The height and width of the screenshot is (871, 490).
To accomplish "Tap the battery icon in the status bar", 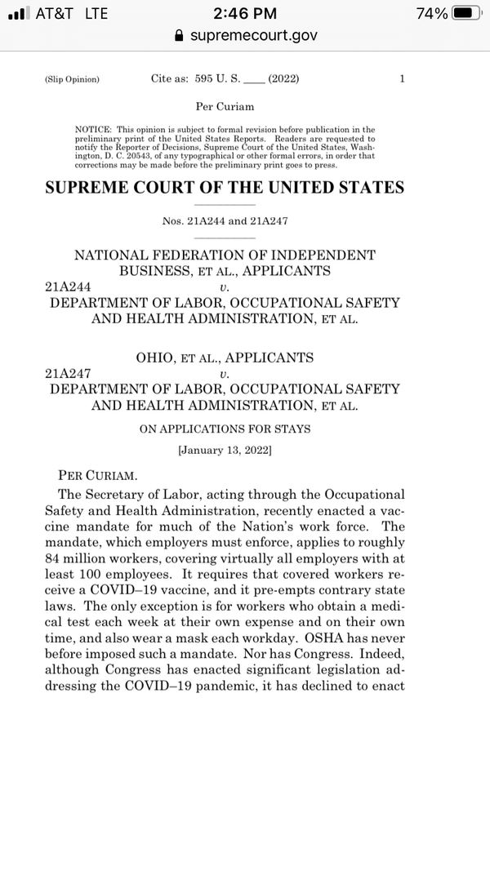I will click(x=465, y=14).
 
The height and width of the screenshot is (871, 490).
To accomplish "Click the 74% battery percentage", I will click(x=430, y=14).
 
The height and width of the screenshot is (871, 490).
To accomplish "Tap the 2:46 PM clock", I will click(x=244, y=14).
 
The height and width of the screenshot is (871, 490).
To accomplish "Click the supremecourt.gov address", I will click(x=253, y=35).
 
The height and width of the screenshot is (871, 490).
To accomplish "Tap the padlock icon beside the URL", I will click(x=180, y=35).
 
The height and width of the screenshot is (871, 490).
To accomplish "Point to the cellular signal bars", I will click(x=18, y=14).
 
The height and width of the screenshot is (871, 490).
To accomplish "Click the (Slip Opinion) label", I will click(x=72, y=80).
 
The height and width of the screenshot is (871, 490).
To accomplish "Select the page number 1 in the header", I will click(x=402, y=79).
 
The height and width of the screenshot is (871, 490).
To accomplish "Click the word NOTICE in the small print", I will click(x=92, y=130).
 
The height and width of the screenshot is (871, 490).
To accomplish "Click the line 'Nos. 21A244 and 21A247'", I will click(x=225, y=221).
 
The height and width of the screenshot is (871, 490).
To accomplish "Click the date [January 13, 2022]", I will click(x=225, y=450).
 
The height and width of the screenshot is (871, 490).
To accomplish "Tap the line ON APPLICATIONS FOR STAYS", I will click(x=225, y=429).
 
